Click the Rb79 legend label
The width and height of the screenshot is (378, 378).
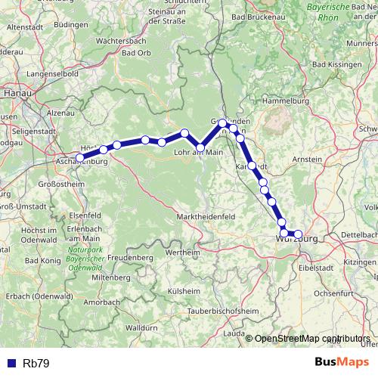(x=36, y=364)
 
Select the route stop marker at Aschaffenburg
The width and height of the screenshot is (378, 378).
(x=80, y=157)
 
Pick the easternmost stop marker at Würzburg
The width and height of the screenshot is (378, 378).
(x=298, y=234)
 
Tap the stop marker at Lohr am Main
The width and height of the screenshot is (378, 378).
(x=200, y=147)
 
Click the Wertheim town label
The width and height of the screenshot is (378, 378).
(x=182, y=251)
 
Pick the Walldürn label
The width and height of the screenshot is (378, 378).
(x=141, y=329)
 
